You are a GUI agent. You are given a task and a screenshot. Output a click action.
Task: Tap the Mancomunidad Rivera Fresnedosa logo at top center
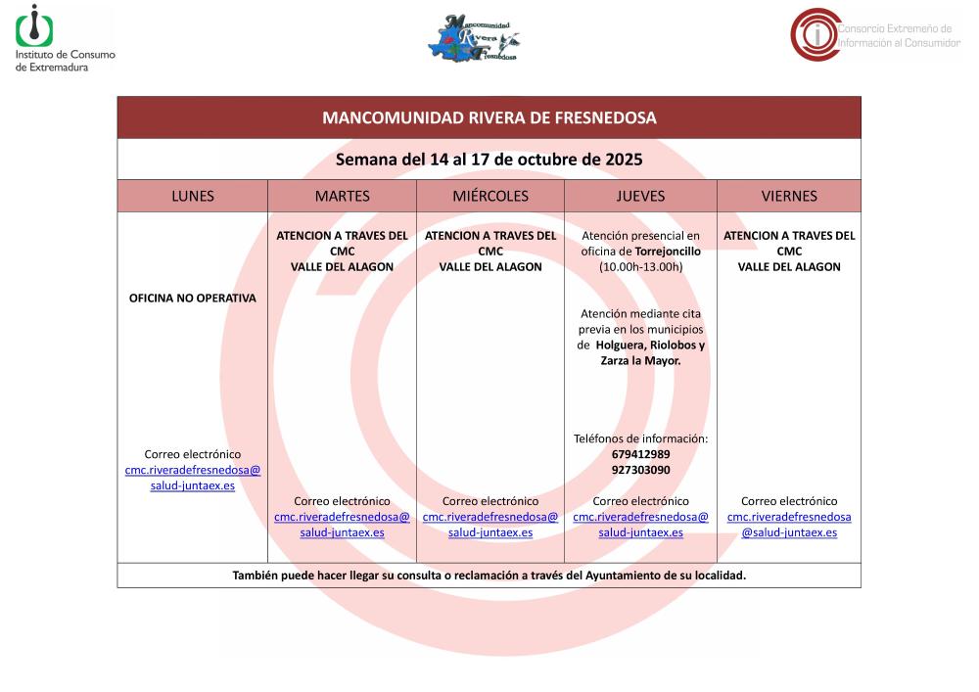[x=474, y=38]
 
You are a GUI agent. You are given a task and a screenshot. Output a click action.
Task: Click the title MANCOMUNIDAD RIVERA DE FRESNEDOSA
[x=489, y=118]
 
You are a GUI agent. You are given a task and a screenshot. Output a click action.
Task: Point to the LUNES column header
[x=192, y=196]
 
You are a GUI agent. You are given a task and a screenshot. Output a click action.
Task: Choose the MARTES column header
[x=342, y=196]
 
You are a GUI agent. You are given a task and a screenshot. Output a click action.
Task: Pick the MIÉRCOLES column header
[x=490, y=196]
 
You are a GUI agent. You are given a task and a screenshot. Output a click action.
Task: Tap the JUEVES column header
[x=640, y=196]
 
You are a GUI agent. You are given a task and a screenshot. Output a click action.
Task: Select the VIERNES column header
[x=789, y=196]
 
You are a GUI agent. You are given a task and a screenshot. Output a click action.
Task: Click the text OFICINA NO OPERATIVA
[x=193, y=299]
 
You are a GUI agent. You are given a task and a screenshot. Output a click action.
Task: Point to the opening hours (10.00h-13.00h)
[x=640, y=266]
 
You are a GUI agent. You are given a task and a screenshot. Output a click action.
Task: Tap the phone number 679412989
[x=640, y=454]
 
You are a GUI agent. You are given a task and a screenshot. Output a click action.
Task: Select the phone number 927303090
[x=640, y=470]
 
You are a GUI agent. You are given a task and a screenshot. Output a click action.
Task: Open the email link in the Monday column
[x=193, y=478]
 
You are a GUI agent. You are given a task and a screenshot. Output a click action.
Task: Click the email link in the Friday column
[x=789, y=525]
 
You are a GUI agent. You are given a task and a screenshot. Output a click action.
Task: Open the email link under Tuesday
[x=342, y=525]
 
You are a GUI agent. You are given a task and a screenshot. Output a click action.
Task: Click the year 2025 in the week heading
[x=624, y=159]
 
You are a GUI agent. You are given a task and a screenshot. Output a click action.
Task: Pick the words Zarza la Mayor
[x=640, y=360]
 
